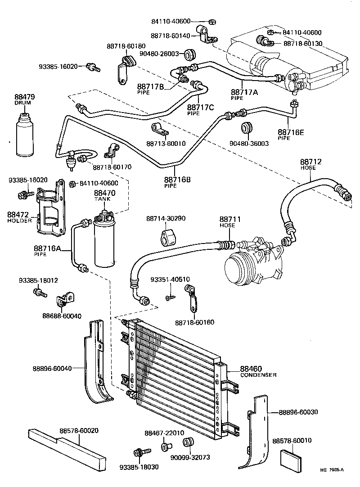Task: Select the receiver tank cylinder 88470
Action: click(105, 241)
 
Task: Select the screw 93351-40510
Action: click(169, 298)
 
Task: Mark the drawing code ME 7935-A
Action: click(332, 470)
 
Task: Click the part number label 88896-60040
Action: click(52, 368)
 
